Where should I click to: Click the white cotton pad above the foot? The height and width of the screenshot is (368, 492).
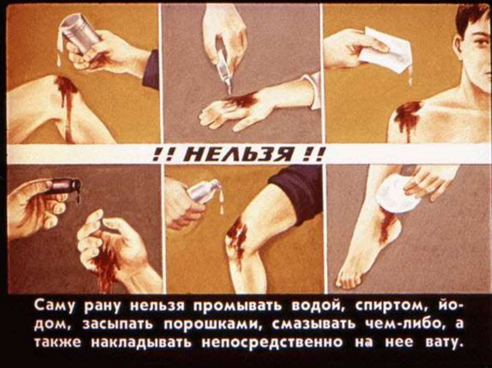397,194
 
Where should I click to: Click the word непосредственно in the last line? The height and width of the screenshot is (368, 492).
271,342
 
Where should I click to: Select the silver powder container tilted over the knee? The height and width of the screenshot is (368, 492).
202,191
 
